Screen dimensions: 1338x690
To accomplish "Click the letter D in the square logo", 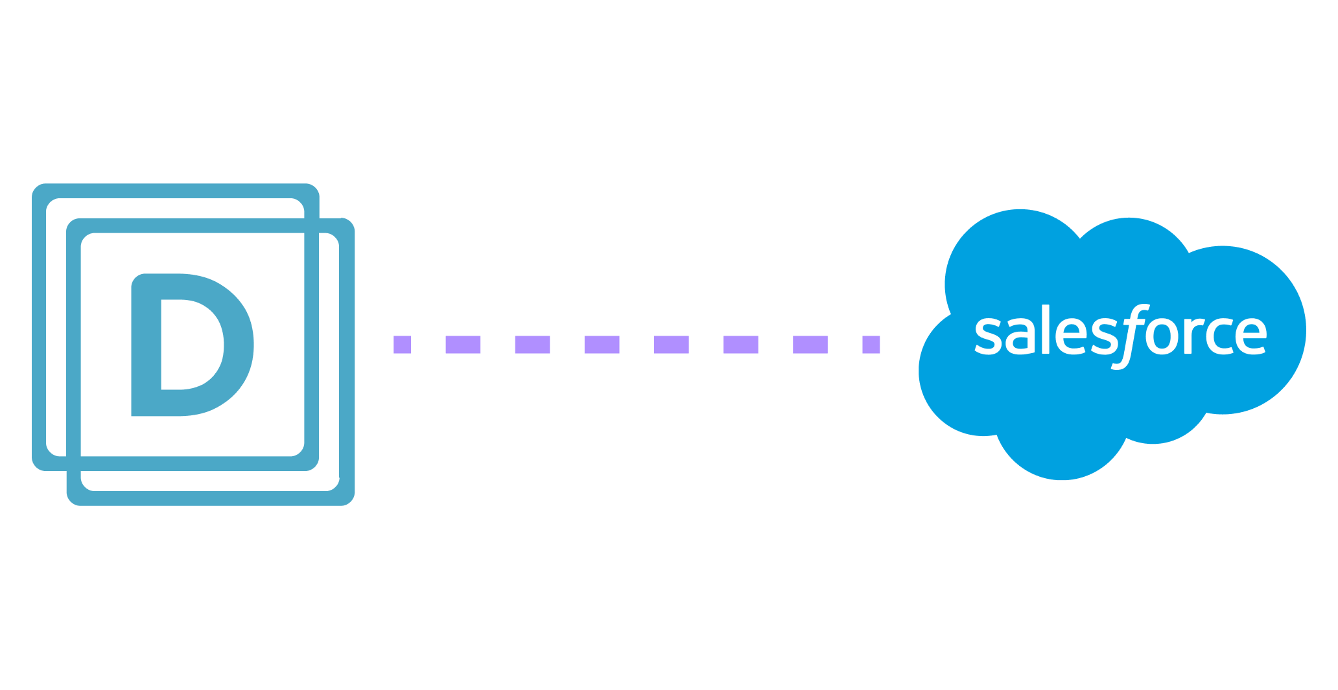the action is (146, 345).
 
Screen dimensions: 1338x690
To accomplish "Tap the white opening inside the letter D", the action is (192, 345).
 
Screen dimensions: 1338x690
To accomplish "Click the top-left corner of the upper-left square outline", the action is (34, 185).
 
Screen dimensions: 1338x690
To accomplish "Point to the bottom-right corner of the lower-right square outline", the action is (353, 504).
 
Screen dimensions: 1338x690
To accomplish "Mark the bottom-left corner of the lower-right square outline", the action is (69, 504).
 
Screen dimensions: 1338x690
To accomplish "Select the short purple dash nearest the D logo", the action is (403, 345).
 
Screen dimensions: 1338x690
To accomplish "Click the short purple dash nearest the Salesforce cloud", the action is (871, 345).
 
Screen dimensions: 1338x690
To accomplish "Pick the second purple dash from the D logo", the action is (463, 345).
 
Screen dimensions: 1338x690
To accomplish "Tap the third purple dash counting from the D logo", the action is (532, 345).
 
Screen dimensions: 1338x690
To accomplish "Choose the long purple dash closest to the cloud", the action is (810, 345).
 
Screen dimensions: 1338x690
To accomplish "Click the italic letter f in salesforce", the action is (1131, 337).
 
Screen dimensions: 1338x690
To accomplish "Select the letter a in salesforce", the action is (1020, 335).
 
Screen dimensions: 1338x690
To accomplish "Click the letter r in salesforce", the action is (1194, 335).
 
